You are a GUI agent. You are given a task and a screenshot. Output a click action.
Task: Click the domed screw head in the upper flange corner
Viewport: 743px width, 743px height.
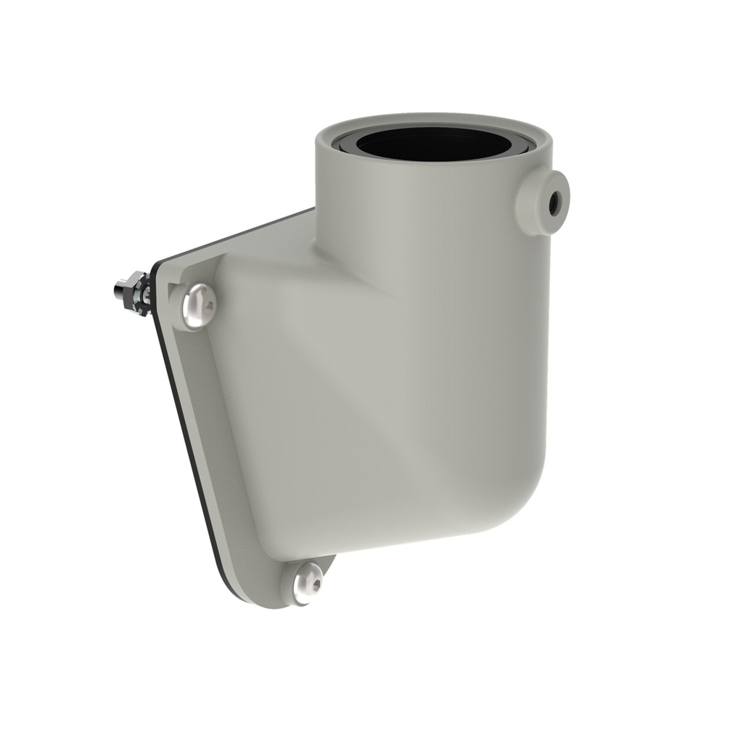click(198, 305)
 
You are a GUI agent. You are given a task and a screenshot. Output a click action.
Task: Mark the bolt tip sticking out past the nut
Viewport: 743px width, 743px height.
click(118, 290)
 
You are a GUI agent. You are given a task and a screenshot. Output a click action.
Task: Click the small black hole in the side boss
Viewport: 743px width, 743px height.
click(556, 197)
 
